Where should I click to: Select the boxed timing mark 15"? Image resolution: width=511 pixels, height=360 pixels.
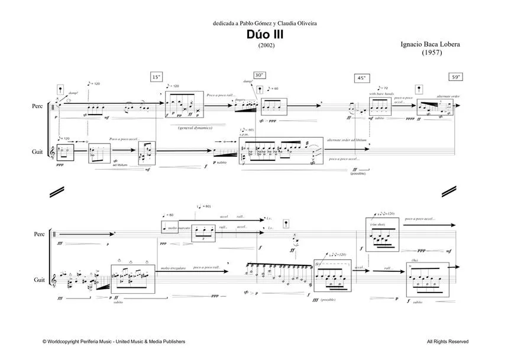[x=156, y=77]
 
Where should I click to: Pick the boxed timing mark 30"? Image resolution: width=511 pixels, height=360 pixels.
[x=260, y=75]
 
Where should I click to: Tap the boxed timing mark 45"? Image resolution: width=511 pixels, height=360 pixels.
[x=361, y=78]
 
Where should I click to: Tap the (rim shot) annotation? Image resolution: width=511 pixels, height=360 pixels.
[x=378, y=224]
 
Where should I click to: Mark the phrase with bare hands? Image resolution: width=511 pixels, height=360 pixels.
[x=381, y=94]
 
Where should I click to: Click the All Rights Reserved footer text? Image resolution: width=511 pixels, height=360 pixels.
[x=447, y=341]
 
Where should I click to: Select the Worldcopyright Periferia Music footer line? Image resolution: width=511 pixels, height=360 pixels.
[x=114, y=341]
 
